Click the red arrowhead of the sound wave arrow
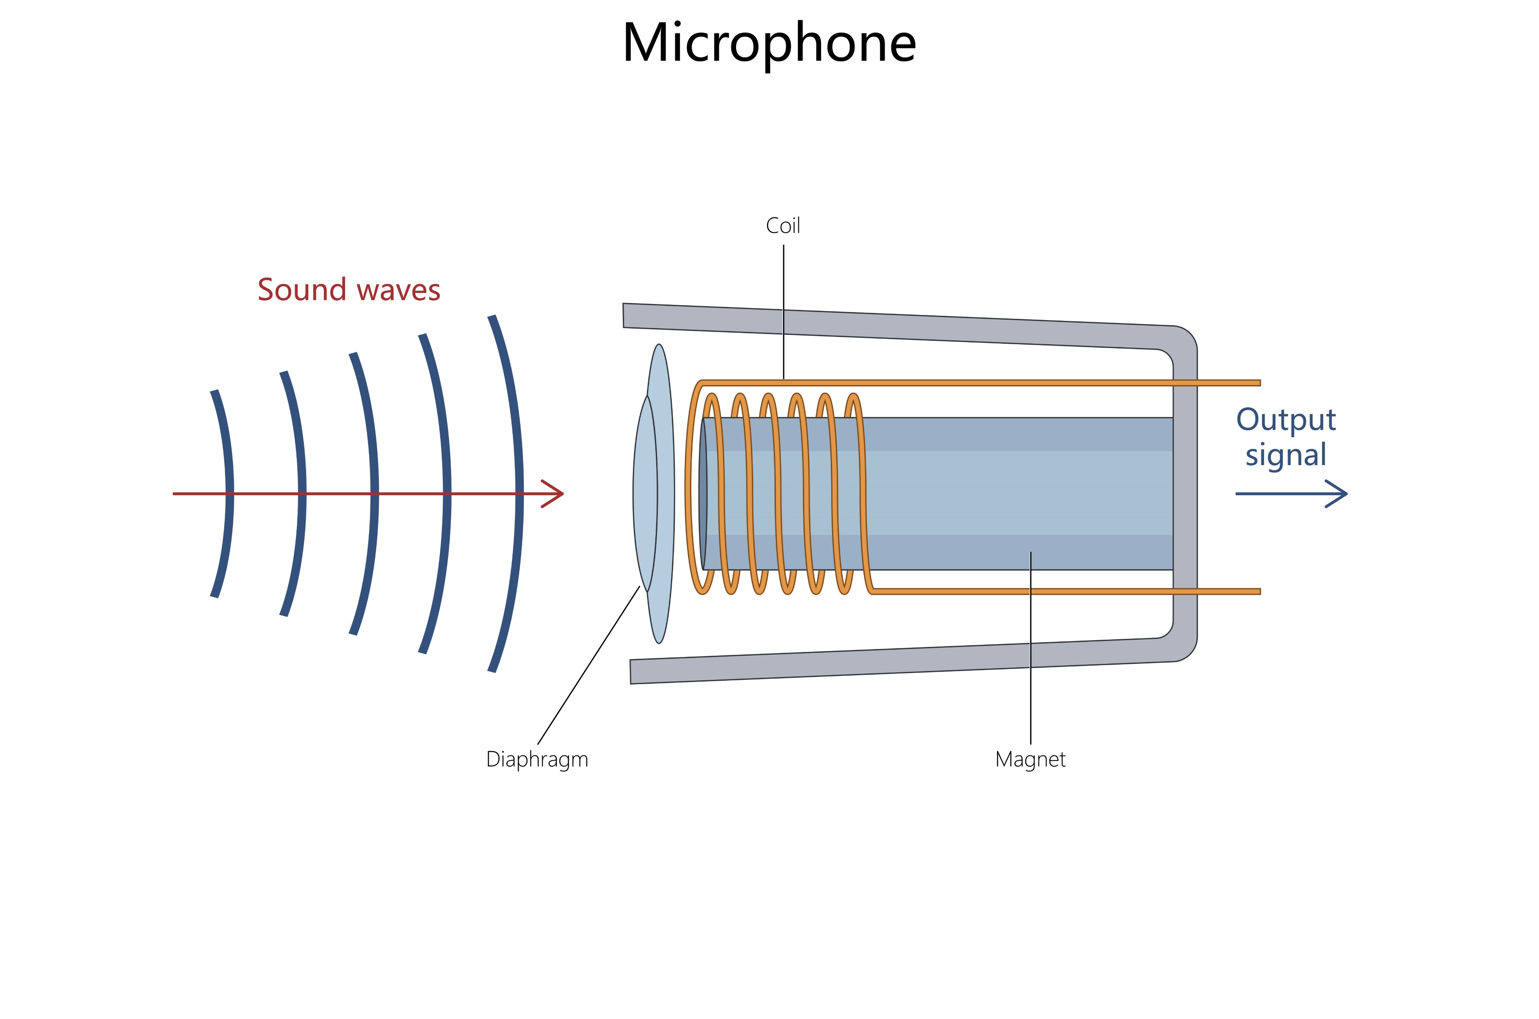556,494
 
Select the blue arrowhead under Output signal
1339,494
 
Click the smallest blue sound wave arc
224,494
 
